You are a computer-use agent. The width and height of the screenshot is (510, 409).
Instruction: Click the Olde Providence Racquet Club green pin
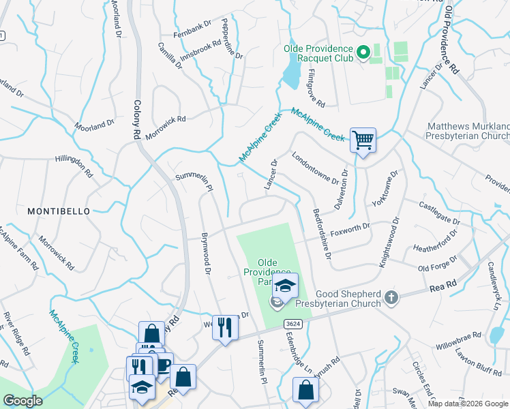click(x=363, y=52)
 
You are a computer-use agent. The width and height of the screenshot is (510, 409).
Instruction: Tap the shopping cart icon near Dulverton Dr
click(x=363, y=140)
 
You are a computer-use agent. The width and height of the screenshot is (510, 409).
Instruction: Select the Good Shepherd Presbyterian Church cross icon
click(x=391, y=297)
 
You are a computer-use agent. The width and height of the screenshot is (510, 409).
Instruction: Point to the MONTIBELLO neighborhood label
click(x=59, y=211)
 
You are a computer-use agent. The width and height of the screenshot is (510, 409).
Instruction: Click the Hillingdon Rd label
click(x=74, y=165)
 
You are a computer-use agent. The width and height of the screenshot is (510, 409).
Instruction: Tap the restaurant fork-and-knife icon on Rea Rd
click(x=225, y=328)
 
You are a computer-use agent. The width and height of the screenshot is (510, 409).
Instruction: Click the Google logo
click(x=22, y=401)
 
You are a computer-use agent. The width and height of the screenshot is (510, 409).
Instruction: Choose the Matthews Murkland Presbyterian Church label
click(x=468, y=132)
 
